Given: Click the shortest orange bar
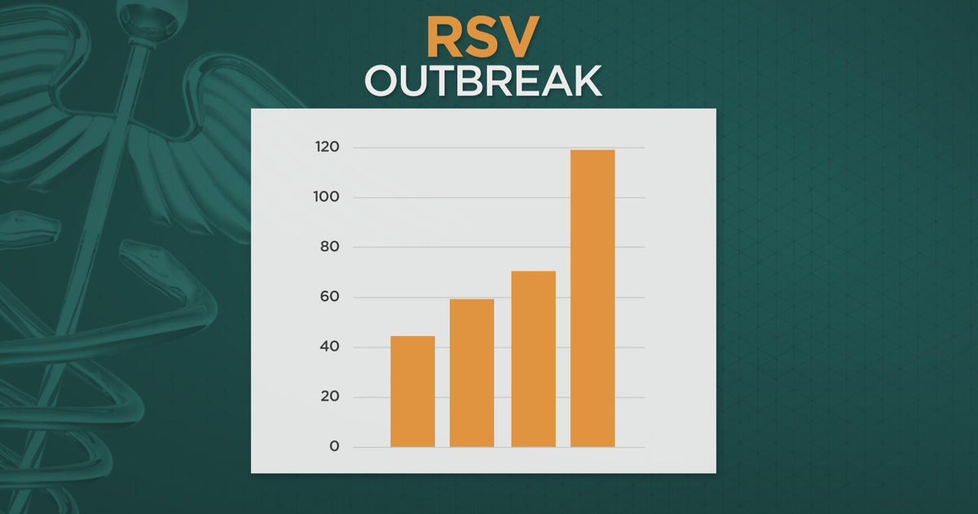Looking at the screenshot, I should pos(412,392).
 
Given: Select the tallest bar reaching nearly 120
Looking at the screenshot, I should pos(593,299).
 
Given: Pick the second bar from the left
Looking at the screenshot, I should pos(472,373).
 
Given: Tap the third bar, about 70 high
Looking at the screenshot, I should pos(533,359).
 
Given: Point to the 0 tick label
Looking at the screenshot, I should pos(334,446).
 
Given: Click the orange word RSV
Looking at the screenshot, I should pos(483,38).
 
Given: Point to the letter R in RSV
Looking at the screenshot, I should pos(445,38).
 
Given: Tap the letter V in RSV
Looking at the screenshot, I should pos(522,38).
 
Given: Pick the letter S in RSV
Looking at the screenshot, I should pos(483,38).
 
